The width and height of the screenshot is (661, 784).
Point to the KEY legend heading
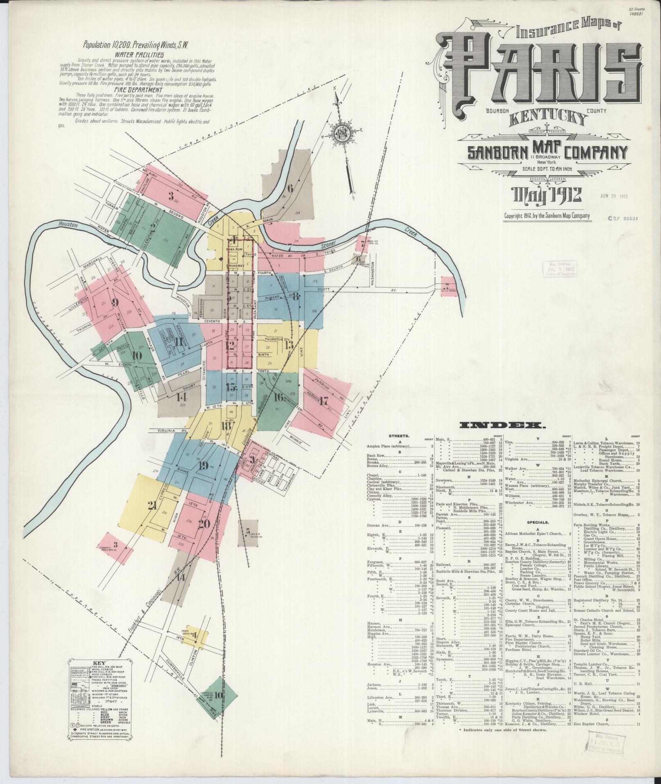pyautogui.click(x=100, y=673)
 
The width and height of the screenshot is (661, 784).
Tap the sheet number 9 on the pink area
pyautogui.click(x=115, y=303)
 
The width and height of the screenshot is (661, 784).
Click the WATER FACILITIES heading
pyautogui.click(x=139, y=54)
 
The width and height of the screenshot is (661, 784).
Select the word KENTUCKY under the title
pyautogui.click(x=548, y=118)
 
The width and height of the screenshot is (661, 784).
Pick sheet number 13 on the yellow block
pyautogui.click(x=289, y=345)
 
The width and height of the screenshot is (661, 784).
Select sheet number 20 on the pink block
pyautogui.click(x=204, y=523)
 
